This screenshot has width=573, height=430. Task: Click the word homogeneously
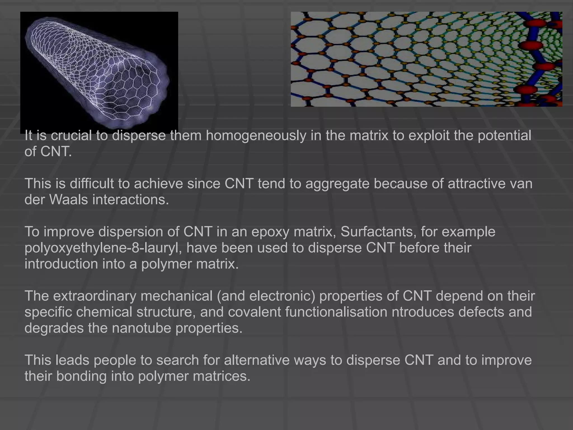click(x=256, y=136)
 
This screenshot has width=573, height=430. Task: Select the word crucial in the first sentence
click(x=71, y=136)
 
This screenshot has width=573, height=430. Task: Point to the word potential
click(x=504, y=136)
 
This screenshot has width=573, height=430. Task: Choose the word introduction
click(x=61, y=264)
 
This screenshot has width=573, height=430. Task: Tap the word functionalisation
click(x=336, y=312)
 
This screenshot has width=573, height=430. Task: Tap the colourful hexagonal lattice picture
click(x=426, y=59)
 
